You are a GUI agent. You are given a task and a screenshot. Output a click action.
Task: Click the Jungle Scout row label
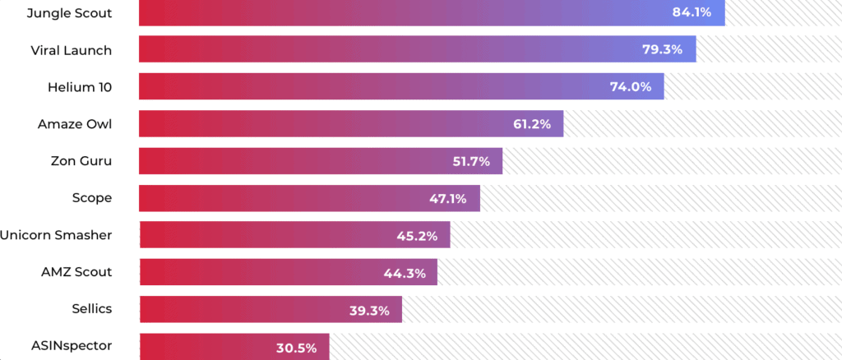tap(69, 13)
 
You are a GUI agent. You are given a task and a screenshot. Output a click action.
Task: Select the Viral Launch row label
tap(71, 50)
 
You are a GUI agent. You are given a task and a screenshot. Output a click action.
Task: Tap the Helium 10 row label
tap(79, 87)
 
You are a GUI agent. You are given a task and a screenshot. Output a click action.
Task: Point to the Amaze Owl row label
tap(74, 124)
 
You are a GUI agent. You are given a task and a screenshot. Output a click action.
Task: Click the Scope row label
tap(91, 198)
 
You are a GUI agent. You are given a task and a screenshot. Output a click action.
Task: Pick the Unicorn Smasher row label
tap(56, 235)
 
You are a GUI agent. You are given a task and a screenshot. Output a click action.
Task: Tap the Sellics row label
tap(91, 309)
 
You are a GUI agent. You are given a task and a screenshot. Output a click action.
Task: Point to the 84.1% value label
tap(692, 12)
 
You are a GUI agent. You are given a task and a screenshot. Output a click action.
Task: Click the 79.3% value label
tap(662, 49)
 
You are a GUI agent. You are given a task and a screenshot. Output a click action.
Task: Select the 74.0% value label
tap(631, 86)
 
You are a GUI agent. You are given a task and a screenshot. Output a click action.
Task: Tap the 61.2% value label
tap(530, 124)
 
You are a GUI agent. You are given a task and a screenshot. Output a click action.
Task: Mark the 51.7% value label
tap(471, 161)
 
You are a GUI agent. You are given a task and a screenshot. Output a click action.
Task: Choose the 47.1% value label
tap(448, 198)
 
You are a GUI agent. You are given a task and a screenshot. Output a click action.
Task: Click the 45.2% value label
tap(417, 236)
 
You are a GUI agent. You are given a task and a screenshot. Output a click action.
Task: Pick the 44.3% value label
tap(404, 273)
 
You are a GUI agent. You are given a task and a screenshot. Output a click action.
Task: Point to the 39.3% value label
tap(369, 310)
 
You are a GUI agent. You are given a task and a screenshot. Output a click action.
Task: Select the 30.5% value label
tap(296, 347)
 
